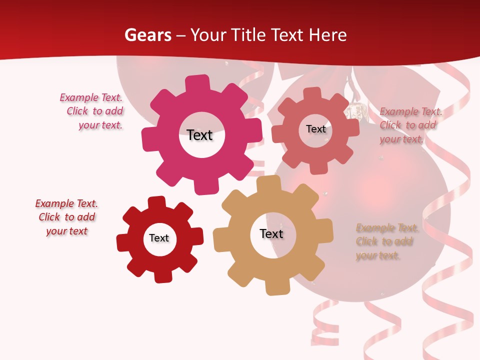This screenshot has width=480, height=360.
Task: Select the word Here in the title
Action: click(x=328, y=35)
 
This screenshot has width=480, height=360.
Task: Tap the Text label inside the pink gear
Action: click(x=199, y=135)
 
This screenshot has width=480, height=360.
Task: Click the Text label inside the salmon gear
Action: click(x=315, y=129)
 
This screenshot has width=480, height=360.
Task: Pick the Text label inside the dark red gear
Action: click(x=159, y=238)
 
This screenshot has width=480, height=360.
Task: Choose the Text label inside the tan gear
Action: click(x=271, y=234)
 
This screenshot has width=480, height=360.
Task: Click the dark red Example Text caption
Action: click(x=66, y=217)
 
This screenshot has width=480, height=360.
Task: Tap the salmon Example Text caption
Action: click(x=410, y=125)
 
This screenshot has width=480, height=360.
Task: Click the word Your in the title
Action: click(x=209, y=35)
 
